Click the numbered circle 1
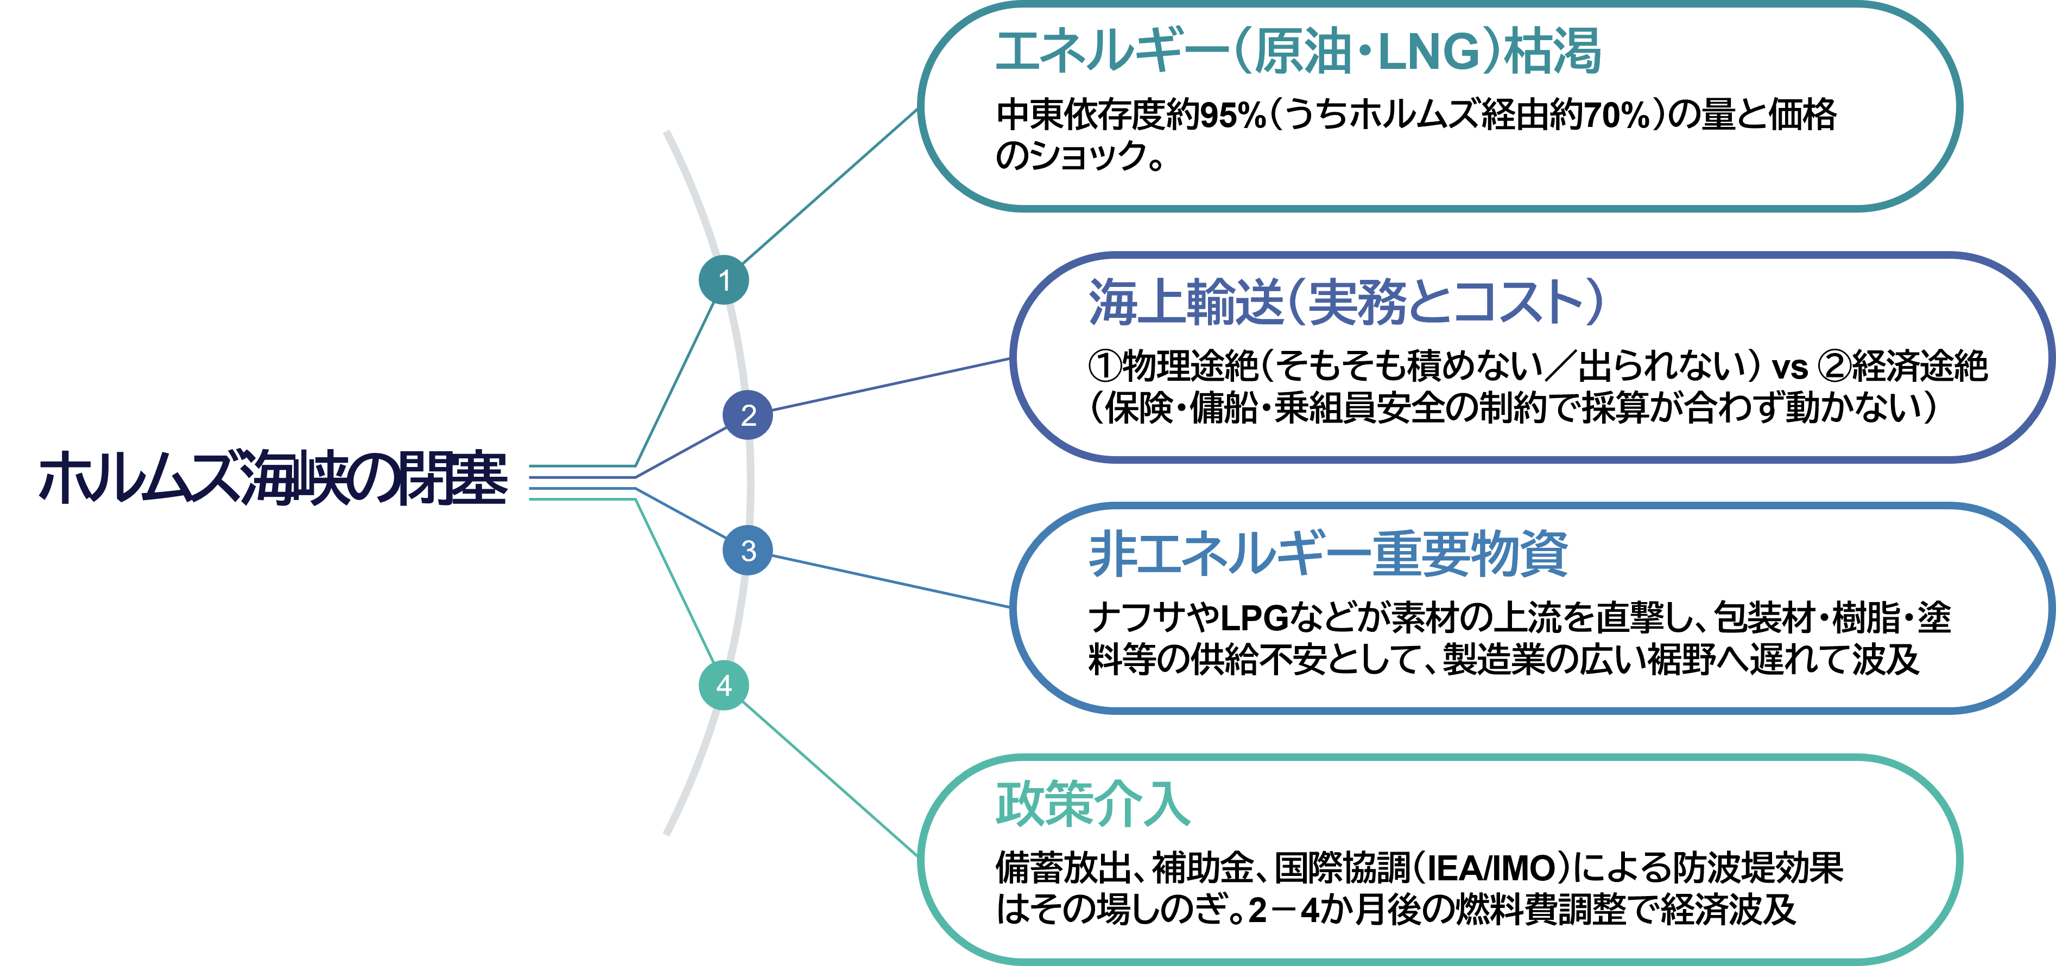pyautogui.click(x=724, y=280)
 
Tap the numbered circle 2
pyautogui.click(x=748, y=415)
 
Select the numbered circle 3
pyautogui.click(x=748, y=551)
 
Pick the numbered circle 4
pyautogui.click(x=724, y=685)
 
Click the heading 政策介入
pyautogui.click(x=1093, y=803)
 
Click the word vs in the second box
pyautogui.click(x=1789, y=368)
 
